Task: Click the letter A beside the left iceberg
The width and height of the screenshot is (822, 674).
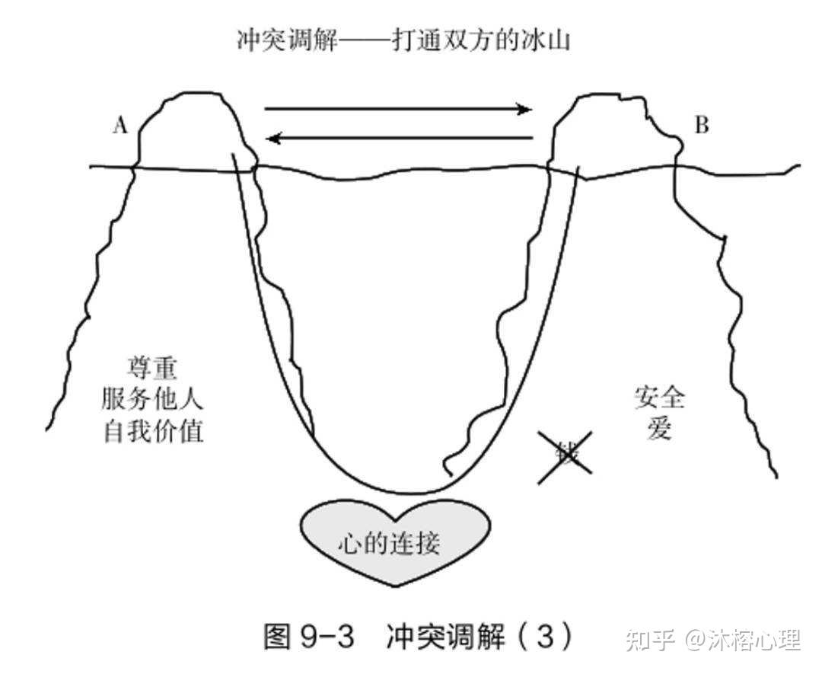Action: point(119,126)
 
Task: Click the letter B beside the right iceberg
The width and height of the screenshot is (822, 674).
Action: point(701,126)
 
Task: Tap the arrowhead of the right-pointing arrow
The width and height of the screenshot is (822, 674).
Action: point(525,109)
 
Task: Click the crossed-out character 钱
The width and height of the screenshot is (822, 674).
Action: point(564,455)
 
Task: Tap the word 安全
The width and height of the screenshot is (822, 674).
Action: point(659,398)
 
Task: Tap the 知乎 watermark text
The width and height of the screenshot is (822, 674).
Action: point(649,640)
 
